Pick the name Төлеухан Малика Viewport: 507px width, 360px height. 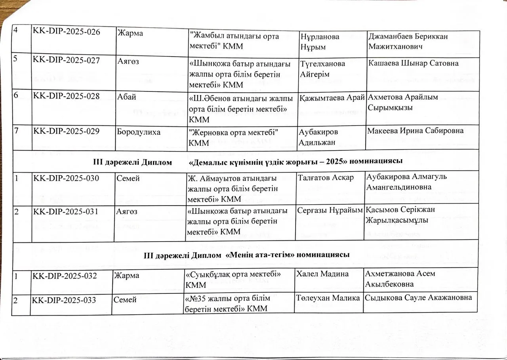[328, 298]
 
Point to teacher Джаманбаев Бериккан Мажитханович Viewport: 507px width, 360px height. [408, 41]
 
